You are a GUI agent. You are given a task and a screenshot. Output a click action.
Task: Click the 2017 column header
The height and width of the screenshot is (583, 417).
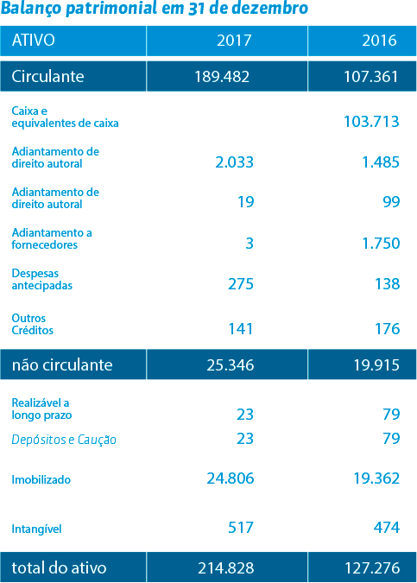(x=234, y=40)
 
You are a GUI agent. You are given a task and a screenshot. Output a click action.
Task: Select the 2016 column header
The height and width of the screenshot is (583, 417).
(x=380, y=40)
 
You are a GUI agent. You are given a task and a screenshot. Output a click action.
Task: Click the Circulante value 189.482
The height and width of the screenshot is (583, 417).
(x=222, y=77)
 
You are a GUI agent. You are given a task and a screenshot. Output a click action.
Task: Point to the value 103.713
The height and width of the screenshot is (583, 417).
(x=371, y=122)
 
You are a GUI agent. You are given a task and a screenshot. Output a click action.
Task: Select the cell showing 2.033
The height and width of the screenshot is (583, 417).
(x=235, y=162)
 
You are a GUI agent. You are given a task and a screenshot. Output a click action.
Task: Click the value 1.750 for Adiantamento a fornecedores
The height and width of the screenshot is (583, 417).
(x=381, y=244)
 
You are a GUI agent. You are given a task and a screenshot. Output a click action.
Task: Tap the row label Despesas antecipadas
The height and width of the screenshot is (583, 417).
(x=42, y=279)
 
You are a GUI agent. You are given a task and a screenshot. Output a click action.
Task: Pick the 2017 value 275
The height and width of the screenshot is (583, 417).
(x=241, y=284)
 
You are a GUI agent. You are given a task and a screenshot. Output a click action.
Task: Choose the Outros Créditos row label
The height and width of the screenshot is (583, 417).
(x=32, y=324)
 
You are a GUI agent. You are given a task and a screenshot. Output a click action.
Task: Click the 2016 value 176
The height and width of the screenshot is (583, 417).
(x=388, y=329)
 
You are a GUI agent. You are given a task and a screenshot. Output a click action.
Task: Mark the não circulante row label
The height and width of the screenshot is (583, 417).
(x=62, y=365)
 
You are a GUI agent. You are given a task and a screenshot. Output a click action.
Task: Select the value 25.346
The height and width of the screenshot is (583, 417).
(x=231, y=365)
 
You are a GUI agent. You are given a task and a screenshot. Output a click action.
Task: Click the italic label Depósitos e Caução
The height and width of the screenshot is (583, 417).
(x=64, y=440)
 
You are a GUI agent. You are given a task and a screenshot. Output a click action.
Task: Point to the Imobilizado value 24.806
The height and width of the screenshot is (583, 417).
(x=231, y=478)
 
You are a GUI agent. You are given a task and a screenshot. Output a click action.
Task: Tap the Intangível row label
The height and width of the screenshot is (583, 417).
(x=36, y=529)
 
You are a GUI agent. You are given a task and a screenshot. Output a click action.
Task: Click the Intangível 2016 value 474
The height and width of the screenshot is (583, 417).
(x=387, y=528)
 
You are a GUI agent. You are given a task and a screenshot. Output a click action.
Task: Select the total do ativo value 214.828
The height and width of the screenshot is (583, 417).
(x=226, y=568)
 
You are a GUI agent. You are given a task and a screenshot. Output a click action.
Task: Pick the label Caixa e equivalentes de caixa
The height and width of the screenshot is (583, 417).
(x=65, y=117)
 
